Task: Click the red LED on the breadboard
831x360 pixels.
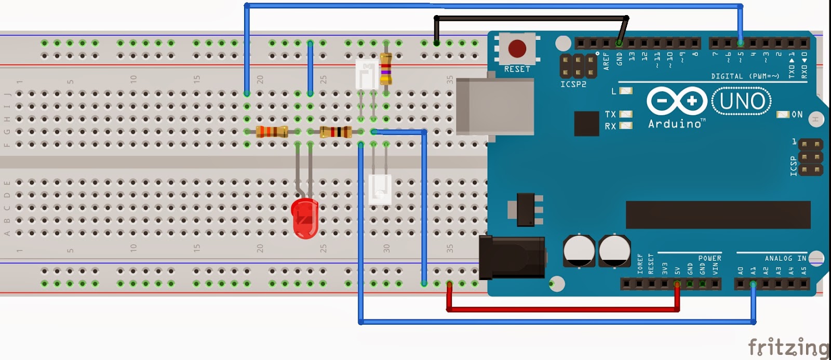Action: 305,218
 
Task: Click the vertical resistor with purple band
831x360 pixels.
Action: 386,69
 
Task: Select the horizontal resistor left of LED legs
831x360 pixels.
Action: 272,132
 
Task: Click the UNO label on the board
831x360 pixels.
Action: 742,101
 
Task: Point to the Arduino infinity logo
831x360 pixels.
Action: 677,101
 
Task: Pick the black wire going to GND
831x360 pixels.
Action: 530,18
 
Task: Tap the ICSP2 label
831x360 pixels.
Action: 573,84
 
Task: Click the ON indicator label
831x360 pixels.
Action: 797,114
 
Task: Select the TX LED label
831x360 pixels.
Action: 610,114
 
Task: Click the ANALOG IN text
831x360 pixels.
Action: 785,258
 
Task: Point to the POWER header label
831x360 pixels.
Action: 709,258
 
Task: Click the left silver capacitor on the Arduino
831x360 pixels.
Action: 579,251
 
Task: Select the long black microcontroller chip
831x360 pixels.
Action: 718,215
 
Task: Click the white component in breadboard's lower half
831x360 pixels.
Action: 380,189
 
